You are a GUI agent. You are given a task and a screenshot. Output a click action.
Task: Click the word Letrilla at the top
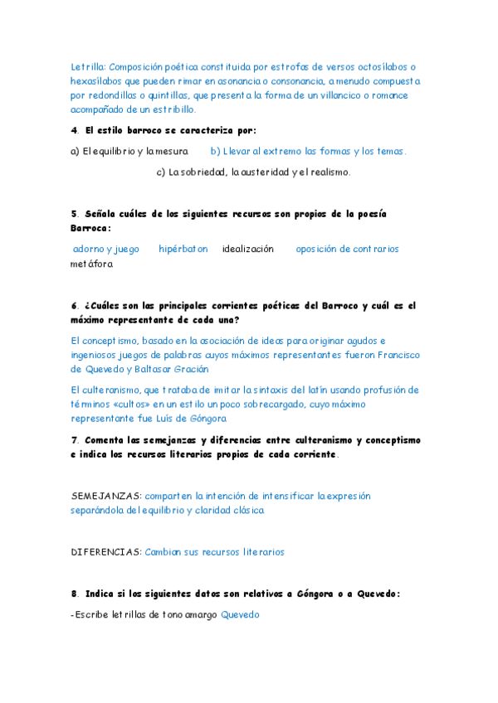pos(87,66)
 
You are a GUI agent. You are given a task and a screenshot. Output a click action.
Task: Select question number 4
pos(74,130)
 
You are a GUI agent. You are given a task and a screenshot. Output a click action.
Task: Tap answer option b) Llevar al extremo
pos(307,151)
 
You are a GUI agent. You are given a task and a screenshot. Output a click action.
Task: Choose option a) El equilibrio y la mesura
pos(129,151)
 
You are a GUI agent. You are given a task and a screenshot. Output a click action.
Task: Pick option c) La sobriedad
pos(253,172)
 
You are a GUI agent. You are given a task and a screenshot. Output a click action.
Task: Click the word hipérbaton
pos(183,249)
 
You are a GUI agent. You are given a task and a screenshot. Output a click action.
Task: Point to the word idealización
pos(247,249)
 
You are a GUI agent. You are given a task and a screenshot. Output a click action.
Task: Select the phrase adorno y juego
pos(105,249)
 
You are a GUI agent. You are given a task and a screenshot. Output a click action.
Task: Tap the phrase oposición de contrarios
pos(347,249)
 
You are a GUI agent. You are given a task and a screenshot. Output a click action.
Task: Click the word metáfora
pos(90,264)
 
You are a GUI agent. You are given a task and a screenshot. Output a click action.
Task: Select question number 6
pos(74,306)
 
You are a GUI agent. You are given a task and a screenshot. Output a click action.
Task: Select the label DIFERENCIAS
pos(106,551)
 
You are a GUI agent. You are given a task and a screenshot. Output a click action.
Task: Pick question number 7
pos(74,439)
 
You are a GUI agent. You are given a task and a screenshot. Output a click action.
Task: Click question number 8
pos(74,594)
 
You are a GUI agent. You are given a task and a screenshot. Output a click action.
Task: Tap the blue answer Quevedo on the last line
pos(240,614)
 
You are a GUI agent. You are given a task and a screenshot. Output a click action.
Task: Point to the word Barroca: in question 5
pos(90,228)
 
